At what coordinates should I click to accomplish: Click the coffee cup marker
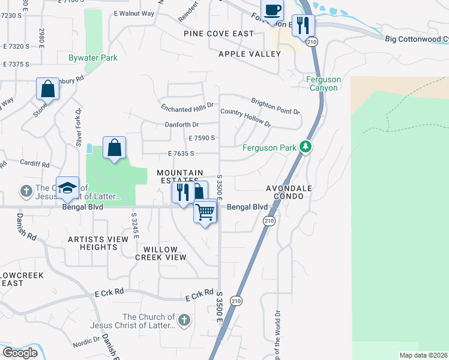tap(273, 11)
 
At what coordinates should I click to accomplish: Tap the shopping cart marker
tap(205, 212)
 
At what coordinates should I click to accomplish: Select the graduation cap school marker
tap(68, 188)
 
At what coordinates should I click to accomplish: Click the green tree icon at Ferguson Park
tap(306, 146)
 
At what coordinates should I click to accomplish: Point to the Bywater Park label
tap(92, 58)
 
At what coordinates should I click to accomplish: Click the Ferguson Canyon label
tap(322, 83)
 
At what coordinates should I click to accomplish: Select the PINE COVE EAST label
tap(218, 34)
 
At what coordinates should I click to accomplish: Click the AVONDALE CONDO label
tap(289, 192)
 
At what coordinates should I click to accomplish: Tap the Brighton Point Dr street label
tap(276, 106)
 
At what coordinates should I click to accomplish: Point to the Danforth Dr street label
tap(182, 125)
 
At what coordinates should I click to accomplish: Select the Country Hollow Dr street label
tap(246, 117)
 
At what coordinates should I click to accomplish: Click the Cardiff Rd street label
tap(34, 164)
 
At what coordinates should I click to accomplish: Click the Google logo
tap(20, 353)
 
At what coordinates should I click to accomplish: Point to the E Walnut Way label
tap(134, 13)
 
